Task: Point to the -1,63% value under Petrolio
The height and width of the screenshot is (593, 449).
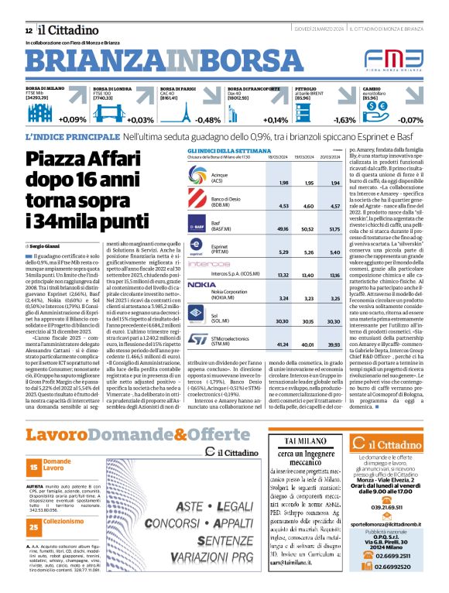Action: pos(344,120)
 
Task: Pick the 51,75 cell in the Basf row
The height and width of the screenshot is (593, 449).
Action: pos(334,229)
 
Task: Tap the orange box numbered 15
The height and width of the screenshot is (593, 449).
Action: pos(33,468)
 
